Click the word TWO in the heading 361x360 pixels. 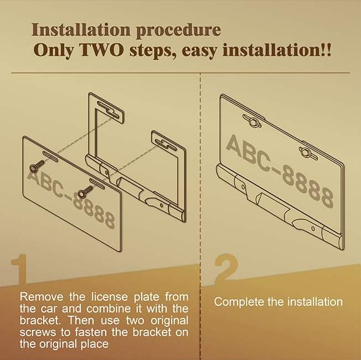(101, 50)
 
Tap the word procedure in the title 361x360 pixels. (178, 30)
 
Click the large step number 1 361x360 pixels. (19, 269)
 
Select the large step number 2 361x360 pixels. (226, 269)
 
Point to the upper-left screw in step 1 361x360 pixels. (37, 166)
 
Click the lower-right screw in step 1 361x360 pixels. (85, 191)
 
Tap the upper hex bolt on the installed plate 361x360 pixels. (252, 121)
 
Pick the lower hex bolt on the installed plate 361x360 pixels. (308, 152)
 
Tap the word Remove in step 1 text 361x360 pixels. (42, 296)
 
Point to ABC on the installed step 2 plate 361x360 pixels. (251, 152)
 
